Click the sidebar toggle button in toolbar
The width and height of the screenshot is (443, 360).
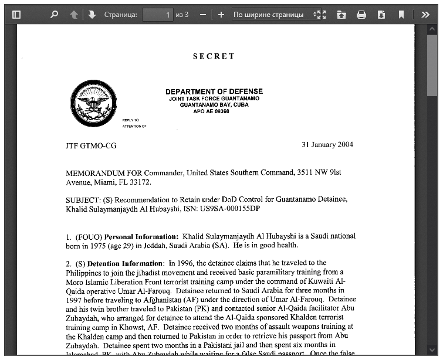pyautogui.click(x=16, y=15)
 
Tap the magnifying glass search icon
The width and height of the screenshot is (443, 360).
pyautogui.click(x=54, y=15)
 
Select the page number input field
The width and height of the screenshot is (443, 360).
pyautogui.click(x=157, y=15)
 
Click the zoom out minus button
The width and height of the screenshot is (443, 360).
pyautogui.click(x=202, y=15)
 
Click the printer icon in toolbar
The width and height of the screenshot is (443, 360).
pyautogui.click(x=361, y=15)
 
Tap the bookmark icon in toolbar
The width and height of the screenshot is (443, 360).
pyautogui.click(x=401, y=15)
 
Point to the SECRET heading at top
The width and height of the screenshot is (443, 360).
pyautogui.click(x=214, y=56)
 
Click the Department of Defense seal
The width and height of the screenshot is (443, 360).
pyautogui.click(x=92, y=104)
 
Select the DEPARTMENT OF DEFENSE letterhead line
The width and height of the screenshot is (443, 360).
pyautogui.click(x=214, y=91)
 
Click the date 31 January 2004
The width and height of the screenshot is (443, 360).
pyautogui.click(x=327, y=145)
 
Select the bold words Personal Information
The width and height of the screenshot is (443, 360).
pyautogui.click(x=141, y=236)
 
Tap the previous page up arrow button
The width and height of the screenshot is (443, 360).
pyautogui.click(x=74, y=15)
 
